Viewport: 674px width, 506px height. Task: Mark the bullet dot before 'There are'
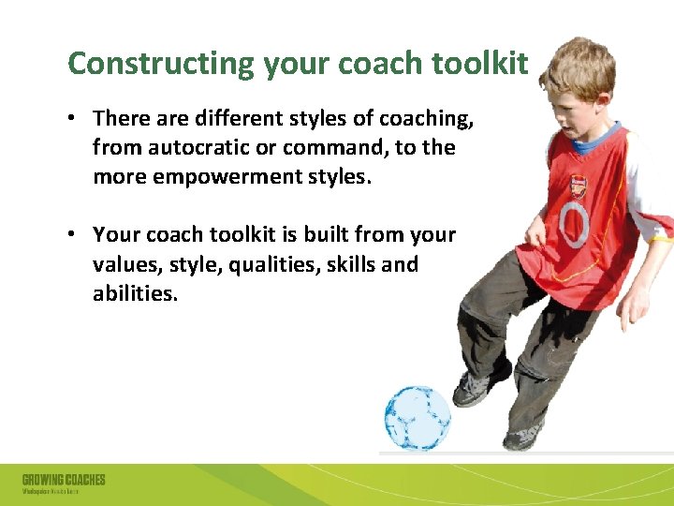tap(73, 119)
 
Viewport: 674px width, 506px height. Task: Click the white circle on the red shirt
tap(573, 223)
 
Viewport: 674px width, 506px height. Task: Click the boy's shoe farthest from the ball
tap(525, 437)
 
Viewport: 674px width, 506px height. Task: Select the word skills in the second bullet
tap(355, 265)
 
